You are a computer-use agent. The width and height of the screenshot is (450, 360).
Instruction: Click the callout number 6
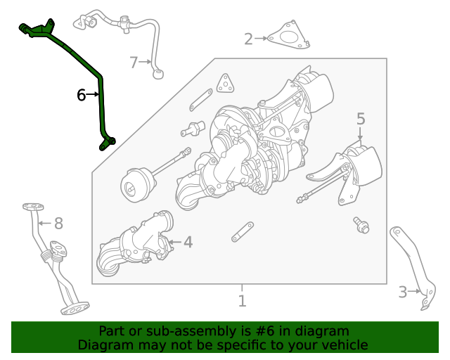[81, 94]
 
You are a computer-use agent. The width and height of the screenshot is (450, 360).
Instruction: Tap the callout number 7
[134, 63]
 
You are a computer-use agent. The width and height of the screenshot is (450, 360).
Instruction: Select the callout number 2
[248, 39]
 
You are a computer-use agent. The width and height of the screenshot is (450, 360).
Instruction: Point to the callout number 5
[360, 119]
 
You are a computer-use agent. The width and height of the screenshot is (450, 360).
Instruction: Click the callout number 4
[188, 243]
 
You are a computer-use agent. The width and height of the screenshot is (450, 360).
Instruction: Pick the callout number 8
[58, 224]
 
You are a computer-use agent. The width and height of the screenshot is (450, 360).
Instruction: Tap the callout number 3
[403, 292]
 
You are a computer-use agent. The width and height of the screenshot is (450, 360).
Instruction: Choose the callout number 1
[242, 302]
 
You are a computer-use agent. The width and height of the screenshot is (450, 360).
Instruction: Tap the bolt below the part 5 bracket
[361, 225]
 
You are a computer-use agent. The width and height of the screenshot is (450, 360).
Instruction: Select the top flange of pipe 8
[32, 207]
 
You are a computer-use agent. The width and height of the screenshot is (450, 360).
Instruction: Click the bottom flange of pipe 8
[75, 307]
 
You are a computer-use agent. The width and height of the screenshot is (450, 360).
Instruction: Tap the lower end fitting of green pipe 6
[106, 143]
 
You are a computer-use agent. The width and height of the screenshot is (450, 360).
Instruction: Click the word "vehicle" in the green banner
[343, 345]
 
